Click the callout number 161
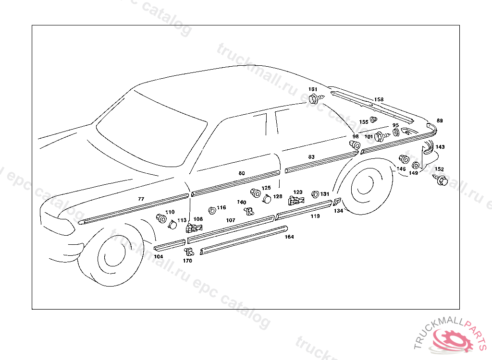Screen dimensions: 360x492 313,90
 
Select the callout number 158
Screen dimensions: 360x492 379,100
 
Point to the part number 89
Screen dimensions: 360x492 440,120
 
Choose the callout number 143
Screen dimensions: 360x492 440,147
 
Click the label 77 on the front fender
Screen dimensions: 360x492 141,199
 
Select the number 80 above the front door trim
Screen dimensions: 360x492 242,173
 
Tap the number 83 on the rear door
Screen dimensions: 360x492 311,157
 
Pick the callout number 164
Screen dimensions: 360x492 289,237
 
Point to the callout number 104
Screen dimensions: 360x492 159,257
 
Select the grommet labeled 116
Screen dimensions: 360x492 212,210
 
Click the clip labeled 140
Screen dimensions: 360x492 249,210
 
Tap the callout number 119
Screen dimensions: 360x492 315,216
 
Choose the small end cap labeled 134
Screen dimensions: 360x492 337,202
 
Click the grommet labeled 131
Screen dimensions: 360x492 315,194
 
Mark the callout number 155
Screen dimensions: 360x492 364,122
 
